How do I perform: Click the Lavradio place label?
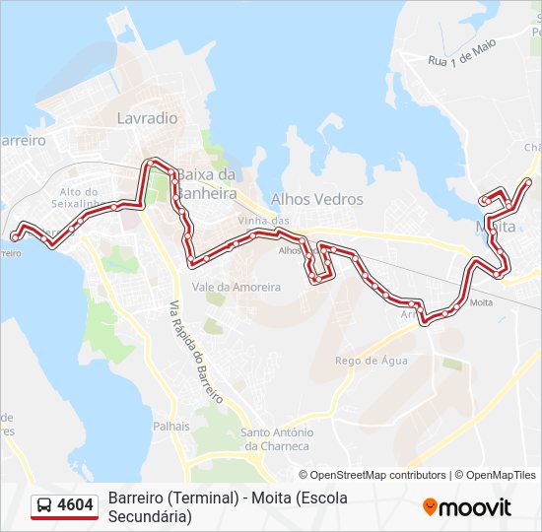[147, 117]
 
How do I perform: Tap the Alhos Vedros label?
[316, 199]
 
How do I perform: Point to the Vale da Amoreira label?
[237, 287]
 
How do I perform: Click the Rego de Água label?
[371, 361]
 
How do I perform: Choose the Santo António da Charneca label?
[277, 438]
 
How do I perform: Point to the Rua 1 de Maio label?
[461, 53]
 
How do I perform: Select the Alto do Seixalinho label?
[78, 198]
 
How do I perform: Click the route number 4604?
[76, 505]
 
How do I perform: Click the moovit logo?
[467, 507]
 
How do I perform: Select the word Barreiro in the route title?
[137, 498]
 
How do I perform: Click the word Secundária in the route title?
[150, 515]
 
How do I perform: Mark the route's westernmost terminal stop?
[15, 236]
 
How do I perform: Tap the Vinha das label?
[263, 221]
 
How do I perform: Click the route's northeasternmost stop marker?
[528, 181]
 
